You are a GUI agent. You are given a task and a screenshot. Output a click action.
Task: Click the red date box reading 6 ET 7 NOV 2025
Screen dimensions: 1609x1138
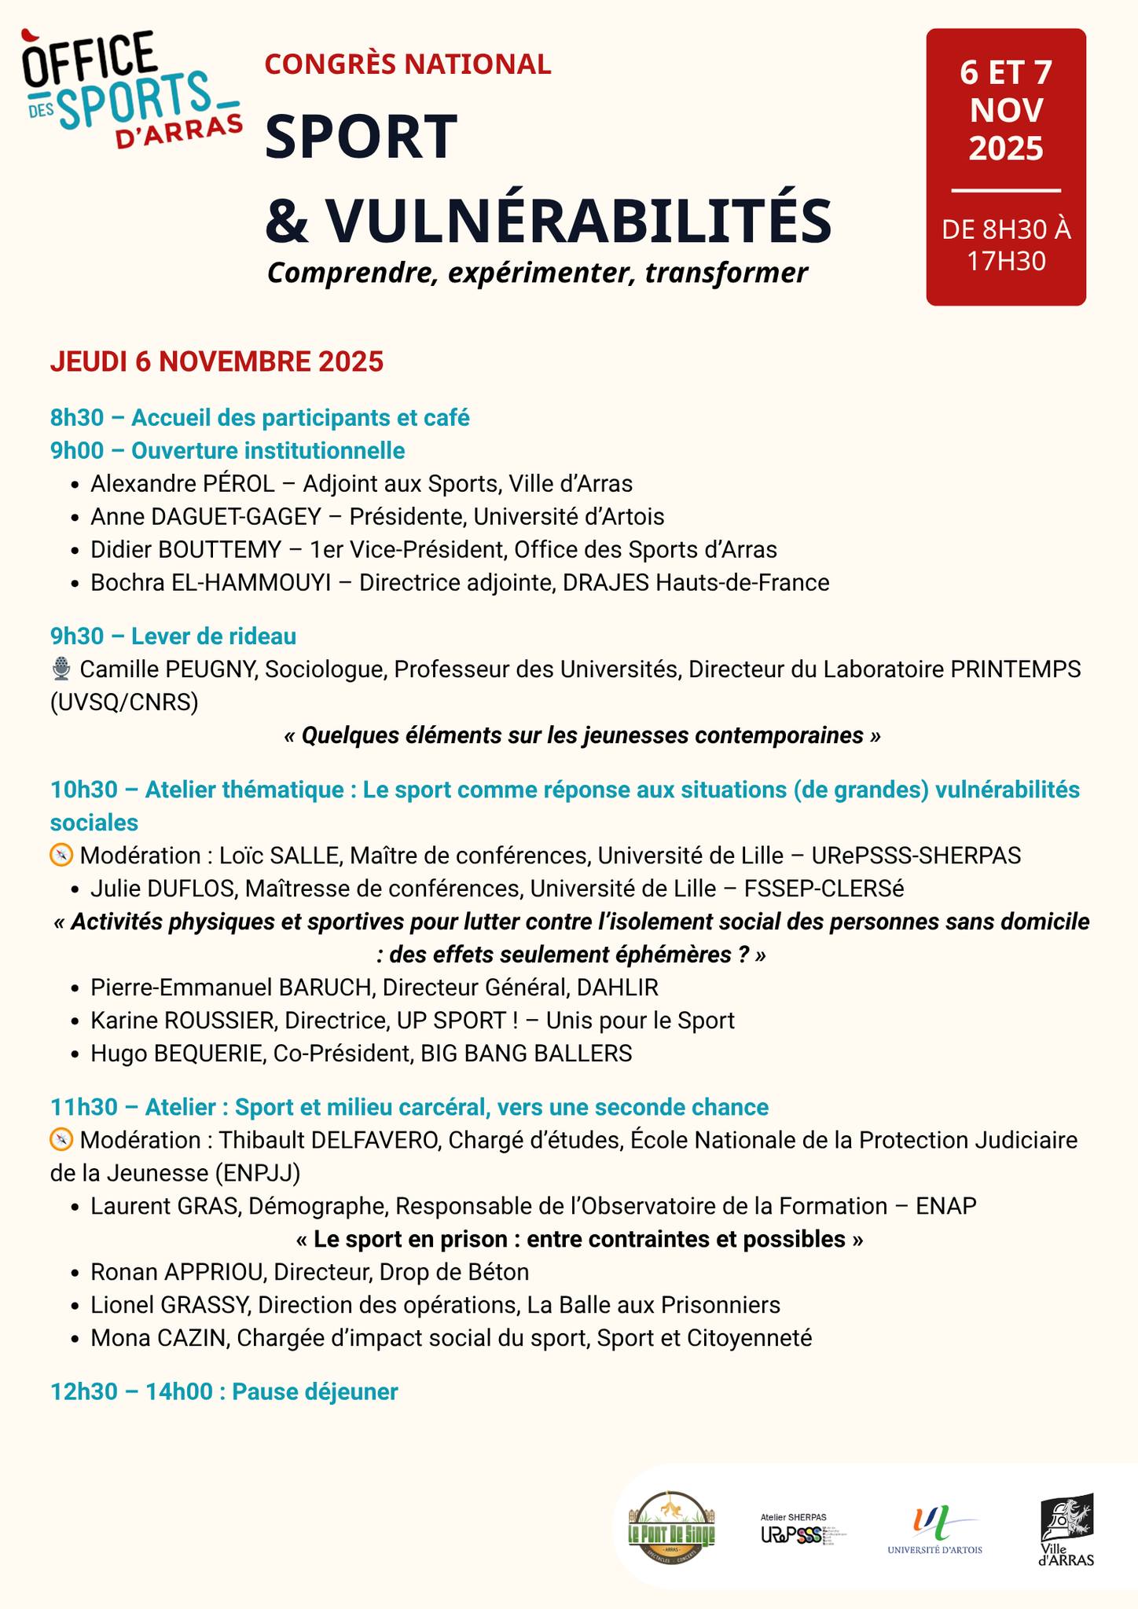click(1005, 167)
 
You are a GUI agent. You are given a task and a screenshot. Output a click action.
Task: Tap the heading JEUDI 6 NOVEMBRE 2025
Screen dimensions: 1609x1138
click(217, 361)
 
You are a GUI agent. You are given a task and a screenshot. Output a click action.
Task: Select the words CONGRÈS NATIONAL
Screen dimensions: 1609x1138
click(408, 64)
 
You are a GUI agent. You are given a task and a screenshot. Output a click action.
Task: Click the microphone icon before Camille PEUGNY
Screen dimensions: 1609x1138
click(61, 669)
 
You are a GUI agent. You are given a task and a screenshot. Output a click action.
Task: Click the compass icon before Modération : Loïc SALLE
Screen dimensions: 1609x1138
click(61, 855)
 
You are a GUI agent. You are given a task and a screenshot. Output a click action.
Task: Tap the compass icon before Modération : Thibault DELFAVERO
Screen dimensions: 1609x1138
click(61, 1139)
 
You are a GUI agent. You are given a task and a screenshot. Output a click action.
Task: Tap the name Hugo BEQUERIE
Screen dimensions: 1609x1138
click(177, 1054)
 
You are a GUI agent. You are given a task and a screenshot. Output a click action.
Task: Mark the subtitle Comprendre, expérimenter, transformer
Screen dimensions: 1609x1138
click(537, 273)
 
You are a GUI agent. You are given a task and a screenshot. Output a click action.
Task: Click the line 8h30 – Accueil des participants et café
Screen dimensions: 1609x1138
click(260, 418)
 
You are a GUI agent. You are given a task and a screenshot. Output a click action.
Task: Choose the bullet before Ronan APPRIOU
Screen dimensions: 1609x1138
click(74, 1273)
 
